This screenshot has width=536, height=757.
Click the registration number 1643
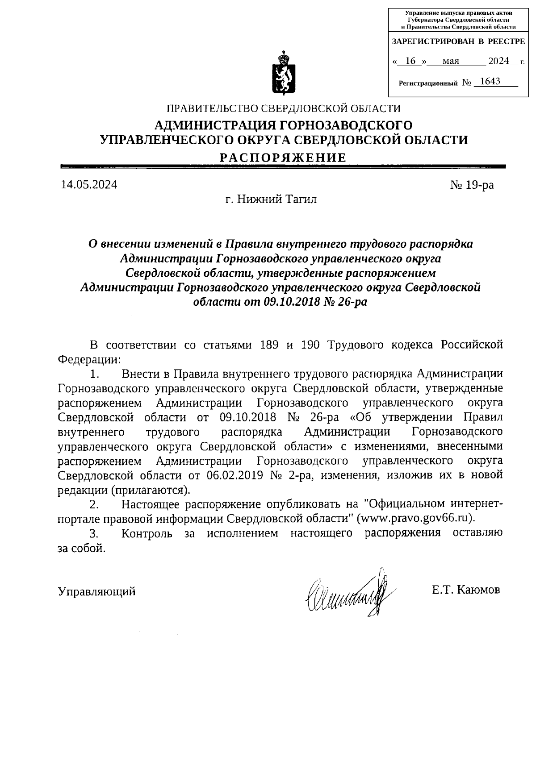tap(488, 82)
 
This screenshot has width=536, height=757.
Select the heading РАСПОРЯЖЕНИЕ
tap(284, 157)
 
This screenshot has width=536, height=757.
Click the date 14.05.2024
tap(89, 185)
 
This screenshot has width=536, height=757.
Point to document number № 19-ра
tap(472, 185)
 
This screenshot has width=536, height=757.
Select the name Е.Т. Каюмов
tap(466, 590)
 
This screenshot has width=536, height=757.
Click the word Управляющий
tap(96, 592)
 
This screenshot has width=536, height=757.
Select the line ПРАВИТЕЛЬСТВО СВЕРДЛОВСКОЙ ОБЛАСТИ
tap(283, 108)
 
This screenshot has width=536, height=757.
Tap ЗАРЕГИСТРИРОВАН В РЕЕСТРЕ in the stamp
tap(458, 42)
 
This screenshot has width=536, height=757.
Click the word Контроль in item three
tap(147, 533)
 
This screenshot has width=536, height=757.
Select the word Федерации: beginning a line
tap(89, 359)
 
